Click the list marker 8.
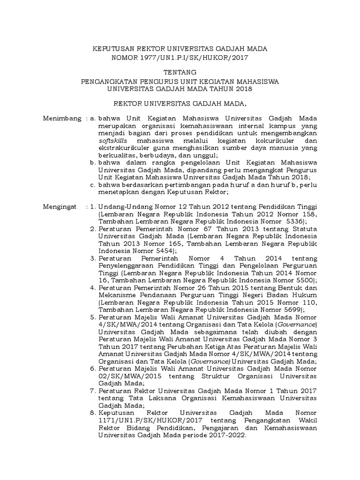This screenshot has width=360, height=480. (x=92, y=413)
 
